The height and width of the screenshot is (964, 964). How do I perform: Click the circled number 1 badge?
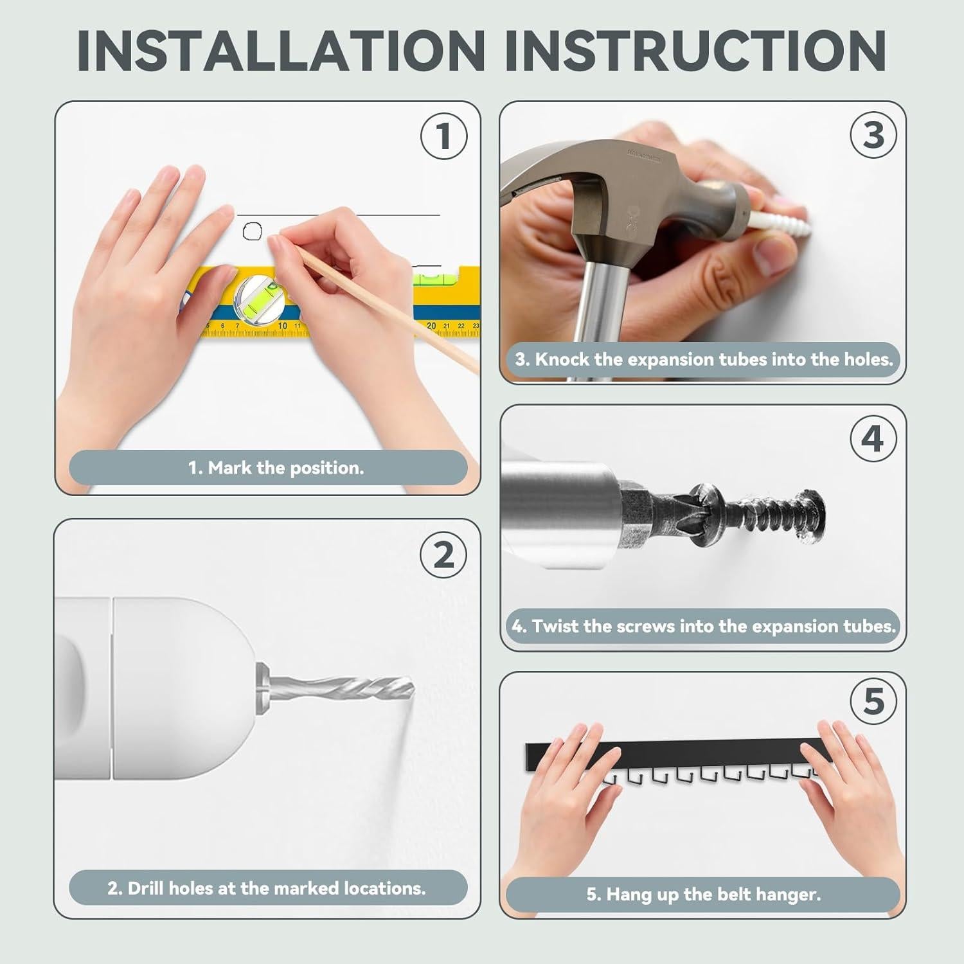coord(443,136)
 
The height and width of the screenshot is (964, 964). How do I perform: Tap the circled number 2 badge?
coord(443,555)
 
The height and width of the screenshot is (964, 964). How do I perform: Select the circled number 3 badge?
coord(873,136)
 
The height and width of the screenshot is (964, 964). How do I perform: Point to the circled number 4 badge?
coord(873,439)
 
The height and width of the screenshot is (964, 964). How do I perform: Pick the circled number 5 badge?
coord(873,701)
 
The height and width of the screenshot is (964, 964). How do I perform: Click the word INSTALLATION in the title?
coord(280,50)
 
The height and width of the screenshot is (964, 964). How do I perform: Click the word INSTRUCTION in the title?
coord(695,50)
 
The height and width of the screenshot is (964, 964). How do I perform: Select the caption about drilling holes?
coord(267,888)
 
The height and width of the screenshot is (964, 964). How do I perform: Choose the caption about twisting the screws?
coord(704,626)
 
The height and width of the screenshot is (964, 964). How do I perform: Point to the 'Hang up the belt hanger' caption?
coord(704,895)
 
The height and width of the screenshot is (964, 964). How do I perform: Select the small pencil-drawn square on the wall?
coord(253,231)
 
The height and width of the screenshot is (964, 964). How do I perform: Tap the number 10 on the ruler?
coord(282,326)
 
